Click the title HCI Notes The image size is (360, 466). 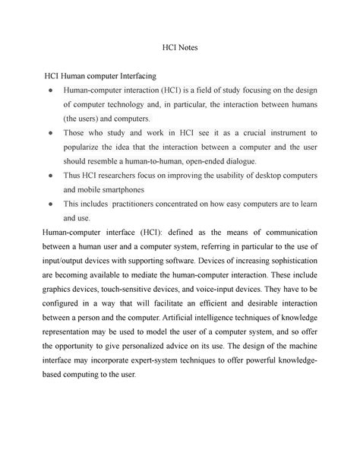(x=180, y=46)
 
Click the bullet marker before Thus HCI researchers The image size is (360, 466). (x=49, y=176)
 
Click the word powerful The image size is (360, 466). (x=254, y=360)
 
